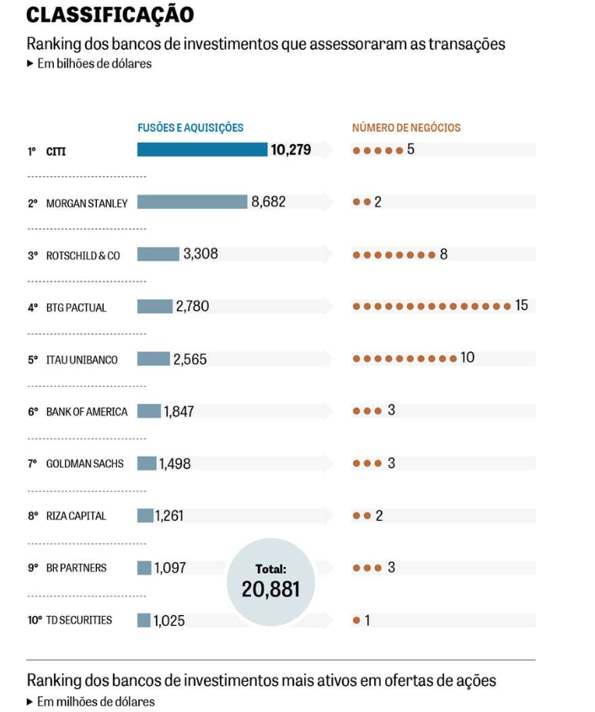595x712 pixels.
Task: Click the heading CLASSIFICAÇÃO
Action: (110, 14)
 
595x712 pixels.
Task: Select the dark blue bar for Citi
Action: (202, 150)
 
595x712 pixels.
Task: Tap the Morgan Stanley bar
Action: (192, 202)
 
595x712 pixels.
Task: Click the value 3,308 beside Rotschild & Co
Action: (201, 254)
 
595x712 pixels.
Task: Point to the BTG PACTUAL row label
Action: (76, 308)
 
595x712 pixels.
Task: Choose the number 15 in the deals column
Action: (522, 305)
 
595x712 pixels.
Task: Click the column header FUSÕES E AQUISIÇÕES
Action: (190, 128)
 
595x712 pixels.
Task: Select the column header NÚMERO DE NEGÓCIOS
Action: (406, 128)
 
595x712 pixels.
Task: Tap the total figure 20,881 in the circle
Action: (271, 589)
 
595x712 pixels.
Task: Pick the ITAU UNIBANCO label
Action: (82, 360)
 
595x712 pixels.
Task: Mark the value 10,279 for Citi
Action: (291, 150)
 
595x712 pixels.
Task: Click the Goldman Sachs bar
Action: (147, 463)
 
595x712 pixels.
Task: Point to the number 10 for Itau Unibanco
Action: (467, 358)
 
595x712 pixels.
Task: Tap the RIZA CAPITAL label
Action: (76, 516)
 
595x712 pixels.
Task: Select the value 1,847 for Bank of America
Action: (180, 411)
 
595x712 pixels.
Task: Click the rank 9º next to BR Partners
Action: (32, 568)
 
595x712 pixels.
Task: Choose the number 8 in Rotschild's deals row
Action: (443, 254)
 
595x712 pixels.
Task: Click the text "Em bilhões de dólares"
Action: (94, 63)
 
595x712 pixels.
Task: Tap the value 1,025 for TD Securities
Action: (169, 621)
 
